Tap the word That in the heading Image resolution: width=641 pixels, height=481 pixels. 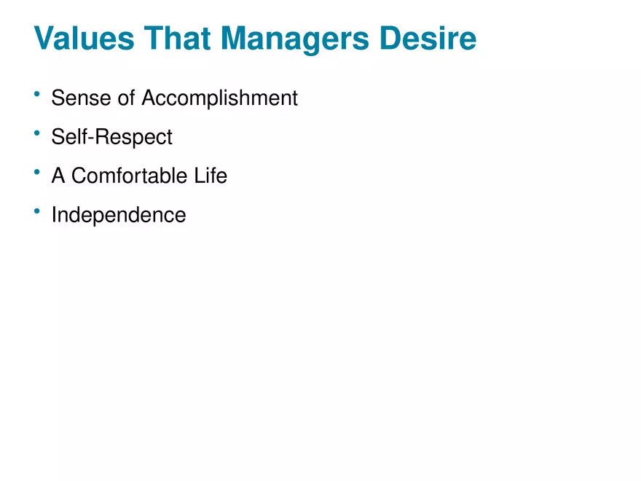[x=180, y=39]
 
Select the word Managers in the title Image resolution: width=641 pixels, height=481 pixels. [x=299, y=39]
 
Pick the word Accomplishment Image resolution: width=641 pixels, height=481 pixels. [x=220, y=98]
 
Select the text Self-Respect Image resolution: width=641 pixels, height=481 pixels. [x=112, y=137]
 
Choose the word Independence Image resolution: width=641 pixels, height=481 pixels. [x=119, y=215]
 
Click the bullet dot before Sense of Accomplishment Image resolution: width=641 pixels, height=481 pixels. [x=36, y=94]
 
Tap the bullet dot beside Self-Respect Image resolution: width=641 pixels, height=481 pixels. [x=36, y=133]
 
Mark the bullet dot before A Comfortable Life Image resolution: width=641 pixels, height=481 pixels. [x=36, y=173]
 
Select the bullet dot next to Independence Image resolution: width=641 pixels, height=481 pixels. [x=36, y=211]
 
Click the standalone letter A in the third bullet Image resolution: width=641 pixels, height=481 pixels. [x=58, y=176]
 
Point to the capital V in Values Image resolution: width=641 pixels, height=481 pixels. [x=45, y=39]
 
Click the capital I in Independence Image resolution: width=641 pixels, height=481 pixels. [x=54, y=215]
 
